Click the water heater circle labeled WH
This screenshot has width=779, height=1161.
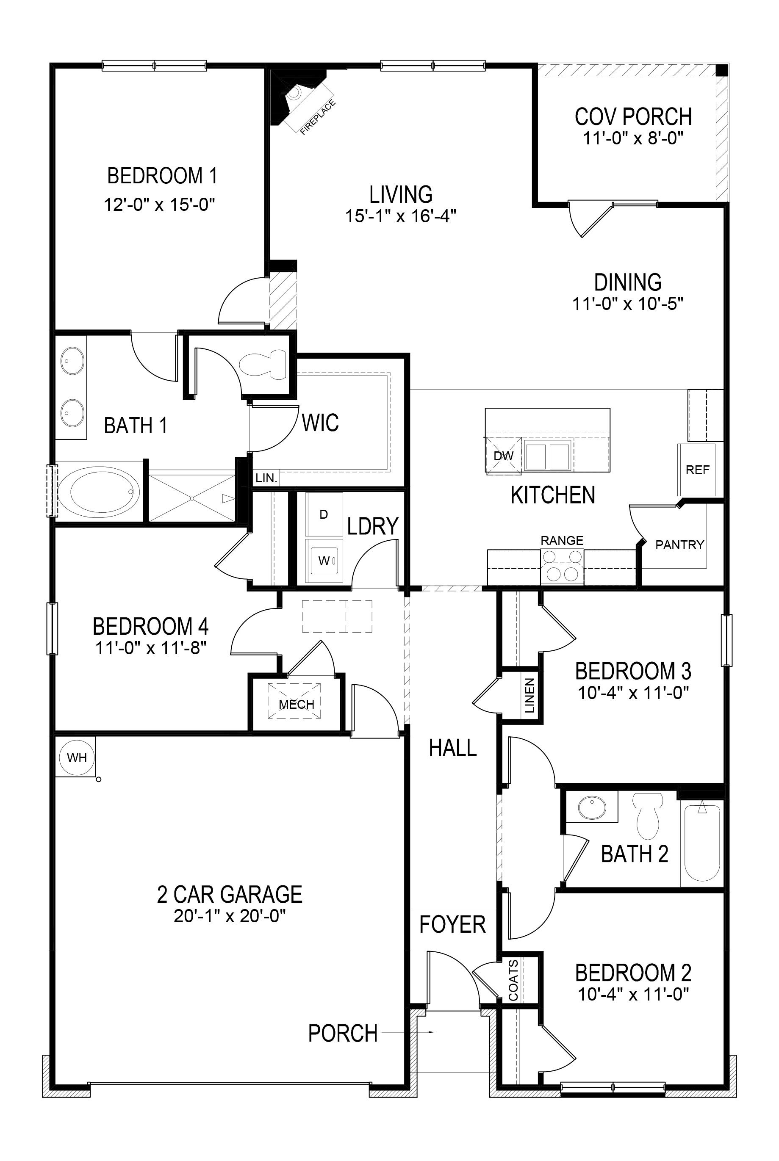coord(77,757)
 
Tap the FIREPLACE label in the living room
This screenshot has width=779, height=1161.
coord(318,118)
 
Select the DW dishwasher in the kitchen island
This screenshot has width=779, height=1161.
coord(504,455)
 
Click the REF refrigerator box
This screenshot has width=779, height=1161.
coord(697,470)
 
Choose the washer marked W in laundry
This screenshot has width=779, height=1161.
coord(324,561)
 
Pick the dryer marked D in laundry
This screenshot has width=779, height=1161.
coord(324,514)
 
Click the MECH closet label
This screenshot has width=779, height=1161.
coord(296,704)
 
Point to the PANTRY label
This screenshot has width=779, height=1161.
coord(679,545)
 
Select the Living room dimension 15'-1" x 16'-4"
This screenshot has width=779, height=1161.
coord(400,216)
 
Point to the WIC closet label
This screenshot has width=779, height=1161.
coord(320,423)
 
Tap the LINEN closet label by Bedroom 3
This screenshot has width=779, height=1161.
coord(529,695)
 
